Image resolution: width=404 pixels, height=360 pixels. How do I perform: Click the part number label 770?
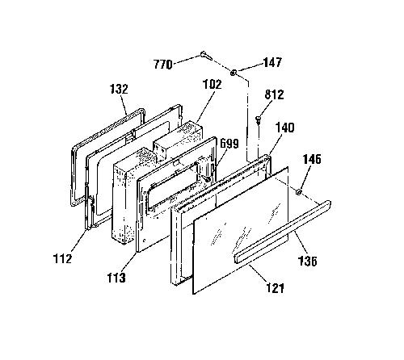coord(163,65)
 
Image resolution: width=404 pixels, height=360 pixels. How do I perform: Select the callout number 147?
coord(272,62)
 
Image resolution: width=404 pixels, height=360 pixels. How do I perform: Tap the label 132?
coord(120,89)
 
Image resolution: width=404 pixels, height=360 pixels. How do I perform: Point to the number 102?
coord(212,84)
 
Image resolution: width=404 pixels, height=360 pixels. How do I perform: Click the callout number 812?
coord(274,94)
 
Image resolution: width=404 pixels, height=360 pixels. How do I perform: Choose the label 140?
coord(285,128)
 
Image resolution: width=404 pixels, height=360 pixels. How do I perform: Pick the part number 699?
coord(229,144)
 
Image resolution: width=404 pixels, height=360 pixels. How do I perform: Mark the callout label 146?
coord(312,159)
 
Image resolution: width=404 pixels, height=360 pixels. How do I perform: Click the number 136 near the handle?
coord(307,261)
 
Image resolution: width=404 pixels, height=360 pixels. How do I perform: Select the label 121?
coord(275,288)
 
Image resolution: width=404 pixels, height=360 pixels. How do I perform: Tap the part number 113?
coord(116,278)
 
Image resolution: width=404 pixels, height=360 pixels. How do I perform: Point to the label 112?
coord(62,258)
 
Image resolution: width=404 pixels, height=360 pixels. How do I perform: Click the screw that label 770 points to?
coord(206,56)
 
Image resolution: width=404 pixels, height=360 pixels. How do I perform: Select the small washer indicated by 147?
coord(234,72)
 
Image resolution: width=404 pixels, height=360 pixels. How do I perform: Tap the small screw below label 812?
coord(259,119)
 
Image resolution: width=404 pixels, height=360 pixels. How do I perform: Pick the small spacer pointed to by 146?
coord(298,192)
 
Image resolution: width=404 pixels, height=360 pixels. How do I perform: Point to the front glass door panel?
coord(241,230)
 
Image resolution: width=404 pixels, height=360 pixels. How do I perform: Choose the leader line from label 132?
coord(124,105)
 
